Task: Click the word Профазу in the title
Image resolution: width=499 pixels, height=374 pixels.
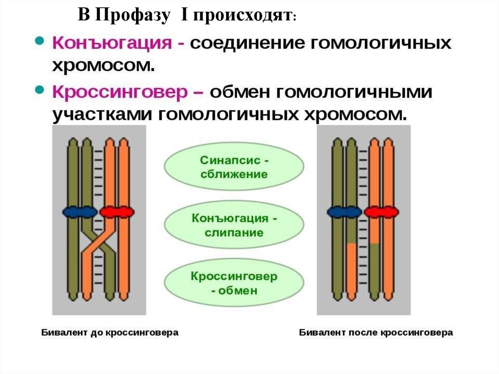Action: click(x=133, y=16)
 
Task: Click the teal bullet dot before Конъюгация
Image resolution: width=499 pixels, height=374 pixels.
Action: click(x=40, y=41)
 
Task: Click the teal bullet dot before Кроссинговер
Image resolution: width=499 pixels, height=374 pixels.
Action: click(x=40, y=90)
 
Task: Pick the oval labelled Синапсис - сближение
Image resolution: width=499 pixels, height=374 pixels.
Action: click(x=234, y=167)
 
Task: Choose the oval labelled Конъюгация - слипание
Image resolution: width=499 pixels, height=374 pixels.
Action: click(x=234, y=224)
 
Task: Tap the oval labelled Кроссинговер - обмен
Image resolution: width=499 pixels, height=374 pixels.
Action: click(x=234, y=283)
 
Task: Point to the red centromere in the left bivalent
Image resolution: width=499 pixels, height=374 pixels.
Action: click(x=116, y=212)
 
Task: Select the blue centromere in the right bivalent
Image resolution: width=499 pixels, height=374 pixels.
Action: click(x=344, y=212)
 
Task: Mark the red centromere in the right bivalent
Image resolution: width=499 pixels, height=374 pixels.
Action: click(x=381, y=212)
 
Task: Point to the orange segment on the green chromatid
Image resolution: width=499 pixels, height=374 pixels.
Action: click(x=351, y=268)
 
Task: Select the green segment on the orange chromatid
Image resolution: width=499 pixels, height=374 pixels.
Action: click(x=374, y=268)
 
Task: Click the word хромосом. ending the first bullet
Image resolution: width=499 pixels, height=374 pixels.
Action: click(x=103, y=66)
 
